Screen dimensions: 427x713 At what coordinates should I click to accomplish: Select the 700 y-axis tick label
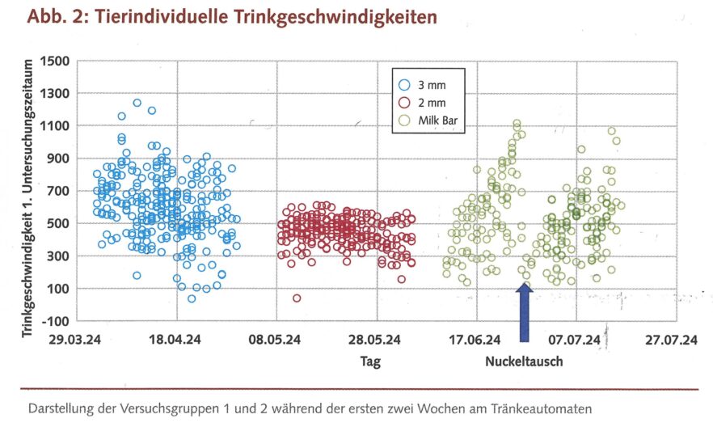tap(58, 191)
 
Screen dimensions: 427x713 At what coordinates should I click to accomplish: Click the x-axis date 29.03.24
tap(78, 340)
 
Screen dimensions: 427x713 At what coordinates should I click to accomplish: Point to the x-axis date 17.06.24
tap(476, 340)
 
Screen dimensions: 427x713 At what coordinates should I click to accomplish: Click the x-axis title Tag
tap(370, 361)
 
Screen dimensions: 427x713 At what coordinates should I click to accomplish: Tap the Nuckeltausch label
tap(524, 361)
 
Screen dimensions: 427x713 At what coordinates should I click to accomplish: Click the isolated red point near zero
tap(297, 298)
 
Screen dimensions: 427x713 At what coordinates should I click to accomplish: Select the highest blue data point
tap(137, 103)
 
